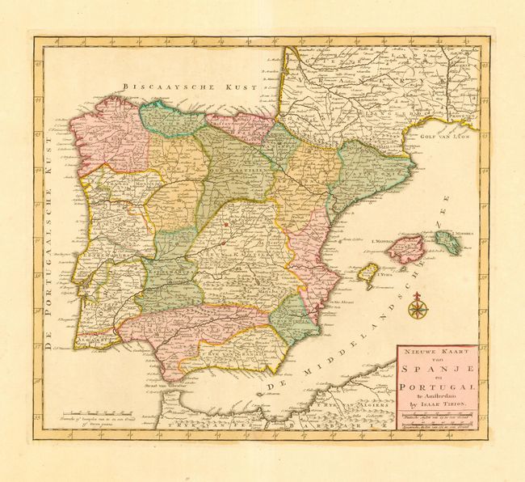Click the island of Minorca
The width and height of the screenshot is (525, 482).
447,241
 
